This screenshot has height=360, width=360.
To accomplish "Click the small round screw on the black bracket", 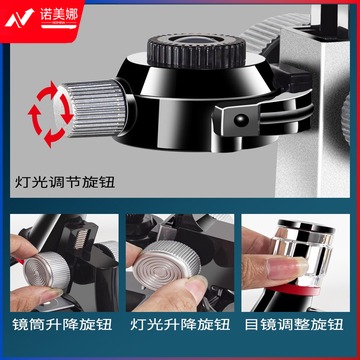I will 241,120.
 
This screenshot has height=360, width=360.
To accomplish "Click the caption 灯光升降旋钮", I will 180,325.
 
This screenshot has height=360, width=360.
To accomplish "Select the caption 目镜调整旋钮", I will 300,325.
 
